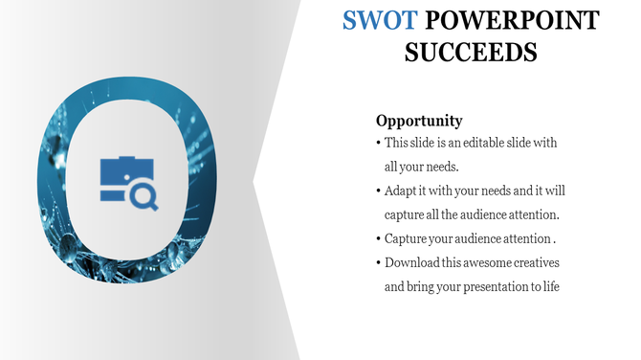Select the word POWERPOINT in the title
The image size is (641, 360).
click(512, 20)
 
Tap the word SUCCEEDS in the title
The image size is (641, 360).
click(471, 51)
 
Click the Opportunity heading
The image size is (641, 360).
click(419, 121)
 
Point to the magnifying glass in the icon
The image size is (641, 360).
click(146, 196)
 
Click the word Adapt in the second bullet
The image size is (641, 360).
click(401, 190)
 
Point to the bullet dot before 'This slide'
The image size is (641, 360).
click(378, 143)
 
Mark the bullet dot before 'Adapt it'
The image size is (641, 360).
click(378, 190)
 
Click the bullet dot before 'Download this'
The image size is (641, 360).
click(378, 262)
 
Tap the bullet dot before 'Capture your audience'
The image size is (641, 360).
click(378, 237)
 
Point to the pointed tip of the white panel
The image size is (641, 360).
click(254, 180)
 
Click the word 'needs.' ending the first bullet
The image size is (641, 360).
click(441, 166)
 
